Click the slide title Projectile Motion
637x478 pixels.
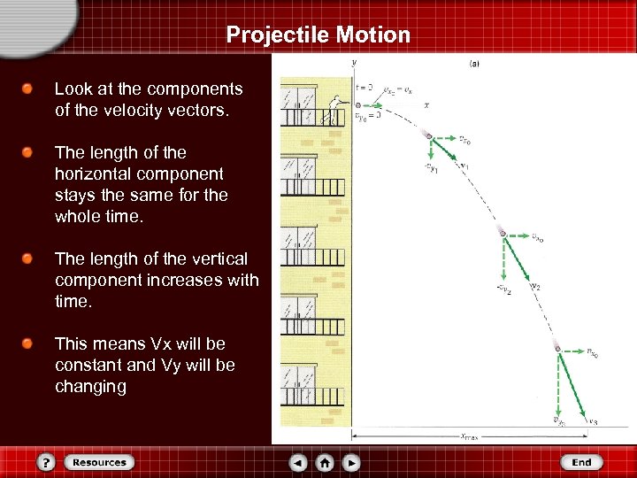[x=318, y=35]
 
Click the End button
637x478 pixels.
[x=581, y=462]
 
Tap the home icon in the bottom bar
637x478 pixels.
[x=325, y=462]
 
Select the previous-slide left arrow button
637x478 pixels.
[x=299, y=462]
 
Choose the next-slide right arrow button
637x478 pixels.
[x=351, y=462]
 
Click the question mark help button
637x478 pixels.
[x=47, y=462]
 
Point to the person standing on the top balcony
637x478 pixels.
[x=334, y=109]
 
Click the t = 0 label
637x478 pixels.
[x=364, y=89]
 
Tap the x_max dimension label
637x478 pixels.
[x=470, y=436]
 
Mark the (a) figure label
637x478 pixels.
[x=474, y=64]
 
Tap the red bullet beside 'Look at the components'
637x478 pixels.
[x=29, y=89]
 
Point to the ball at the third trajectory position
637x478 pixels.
[x=503, y=233]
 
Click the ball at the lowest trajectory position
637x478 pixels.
[x=557, y=350]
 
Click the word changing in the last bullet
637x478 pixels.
[x=90, y=386]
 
